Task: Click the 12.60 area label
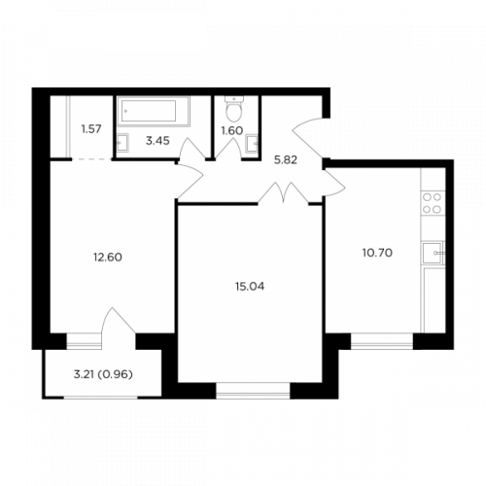point(108,258)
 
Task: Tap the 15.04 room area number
point(250,287)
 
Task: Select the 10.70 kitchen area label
point(377,253)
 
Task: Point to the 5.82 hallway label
point(286,160)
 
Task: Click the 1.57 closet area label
point(91,129)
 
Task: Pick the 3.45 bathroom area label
point(157,141)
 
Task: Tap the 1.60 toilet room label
point(232,130)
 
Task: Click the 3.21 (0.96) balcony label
point(103,374)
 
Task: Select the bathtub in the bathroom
point(153,111)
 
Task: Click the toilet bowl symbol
point(234,108)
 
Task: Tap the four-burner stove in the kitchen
point(433,203)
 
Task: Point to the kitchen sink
point(433,253)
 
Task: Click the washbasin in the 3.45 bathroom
point(122,143)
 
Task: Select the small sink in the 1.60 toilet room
point(252,144)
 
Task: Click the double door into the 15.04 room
point(284,192)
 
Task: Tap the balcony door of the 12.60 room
point(119,321)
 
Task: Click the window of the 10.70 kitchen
point(382,341)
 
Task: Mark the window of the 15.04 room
point(253,391)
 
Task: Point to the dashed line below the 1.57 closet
point(92,159)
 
